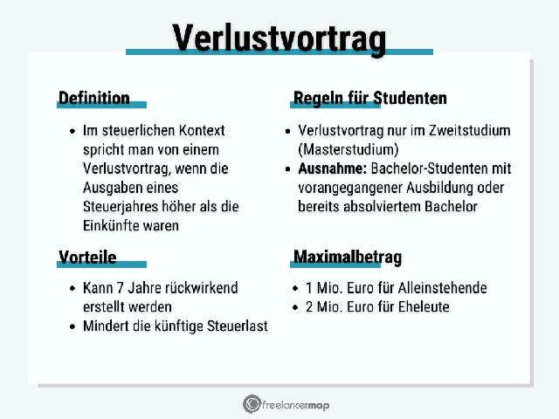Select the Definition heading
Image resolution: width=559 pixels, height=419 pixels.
click(x=93, y=98)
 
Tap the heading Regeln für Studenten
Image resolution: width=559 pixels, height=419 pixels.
click(x=369, y=98)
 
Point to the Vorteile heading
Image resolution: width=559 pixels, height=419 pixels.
click(x=87, y=257)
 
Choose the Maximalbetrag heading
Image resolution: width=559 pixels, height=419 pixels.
click(x=347, y=257)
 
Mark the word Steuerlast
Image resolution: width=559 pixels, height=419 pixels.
click(x=233, y=326)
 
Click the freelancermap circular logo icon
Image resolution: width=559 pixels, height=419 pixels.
click(x=252, y=404)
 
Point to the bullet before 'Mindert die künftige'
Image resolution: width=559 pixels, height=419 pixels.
click(x=72, y=326)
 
